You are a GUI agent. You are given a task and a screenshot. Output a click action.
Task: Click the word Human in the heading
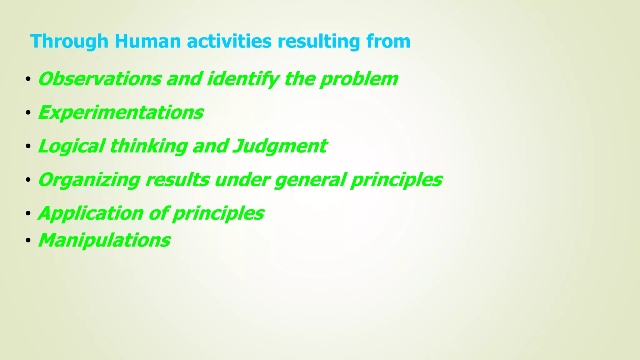[x=147, y=41]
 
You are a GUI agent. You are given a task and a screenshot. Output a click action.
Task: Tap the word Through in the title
[x=69, y=41]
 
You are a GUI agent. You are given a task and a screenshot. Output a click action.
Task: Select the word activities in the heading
[x=229, y=41]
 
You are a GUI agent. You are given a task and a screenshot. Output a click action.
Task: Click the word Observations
[x=99, y=79]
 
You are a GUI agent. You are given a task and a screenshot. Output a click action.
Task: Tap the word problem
[x=359, y=79]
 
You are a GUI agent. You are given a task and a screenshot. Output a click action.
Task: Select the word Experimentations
[x=121, y=112]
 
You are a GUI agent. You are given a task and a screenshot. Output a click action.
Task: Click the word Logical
[x=71, y=146]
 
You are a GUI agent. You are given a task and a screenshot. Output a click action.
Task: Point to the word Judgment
[x=280, y=146]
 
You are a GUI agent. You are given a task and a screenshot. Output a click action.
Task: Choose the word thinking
[x=148, y=146]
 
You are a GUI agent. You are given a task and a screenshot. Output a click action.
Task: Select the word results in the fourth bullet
[x=177, y=180]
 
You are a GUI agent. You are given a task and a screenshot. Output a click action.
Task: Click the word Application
[x=91, y=214]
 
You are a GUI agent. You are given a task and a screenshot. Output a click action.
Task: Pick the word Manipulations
[x=104, y=240]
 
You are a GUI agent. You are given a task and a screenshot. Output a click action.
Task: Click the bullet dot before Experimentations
[x=28, y=113]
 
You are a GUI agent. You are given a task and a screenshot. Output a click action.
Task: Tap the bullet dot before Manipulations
[x=28, y=241]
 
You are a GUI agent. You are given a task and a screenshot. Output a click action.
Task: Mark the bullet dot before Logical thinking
[x=28, y=147]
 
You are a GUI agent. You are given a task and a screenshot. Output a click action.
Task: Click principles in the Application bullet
[x=218, y=214]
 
